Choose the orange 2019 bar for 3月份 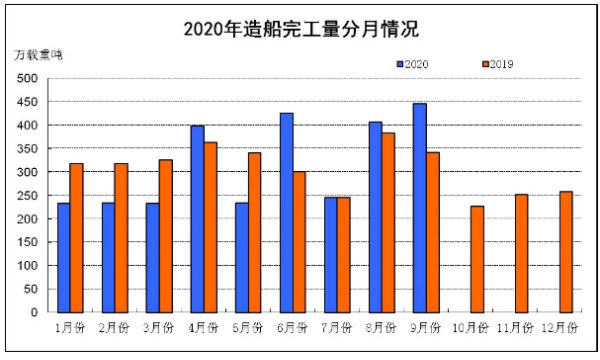click(165, 235)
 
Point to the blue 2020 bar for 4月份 click(197, 218)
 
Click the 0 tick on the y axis click(34, 312)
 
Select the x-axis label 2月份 click(114, 327)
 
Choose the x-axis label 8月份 click(382, 327)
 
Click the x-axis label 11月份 click(515, 327)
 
